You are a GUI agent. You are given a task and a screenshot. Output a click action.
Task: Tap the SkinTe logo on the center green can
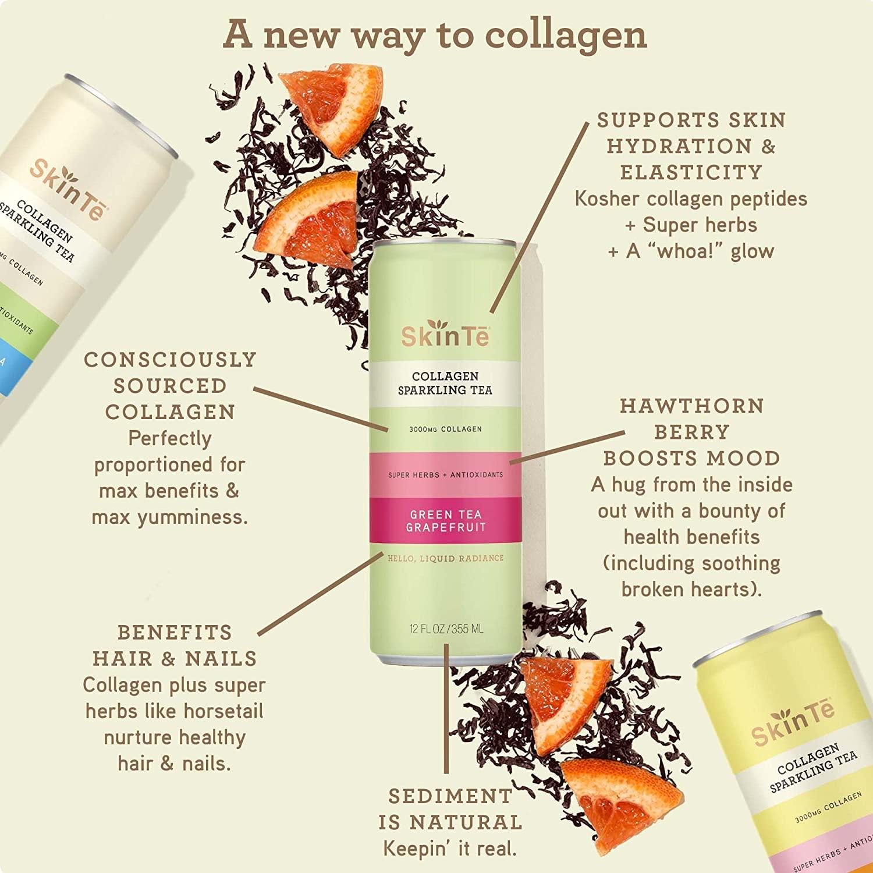click(445, 336)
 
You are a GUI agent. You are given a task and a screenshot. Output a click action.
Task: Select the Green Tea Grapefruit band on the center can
click(445, 521)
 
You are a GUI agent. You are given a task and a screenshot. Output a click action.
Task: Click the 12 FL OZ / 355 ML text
click(446, 629)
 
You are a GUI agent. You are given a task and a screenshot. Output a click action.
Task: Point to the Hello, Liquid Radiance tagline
click(445, 558)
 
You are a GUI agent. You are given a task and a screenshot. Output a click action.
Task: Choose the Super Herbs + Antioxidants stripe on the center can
click(445, 475)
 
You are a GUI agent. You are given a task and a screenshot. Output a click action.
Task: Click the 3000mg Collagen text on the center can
click(445, 430)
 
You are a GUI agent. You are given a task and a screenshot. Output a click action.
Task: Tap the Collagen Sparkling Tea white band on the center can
click(445, 384)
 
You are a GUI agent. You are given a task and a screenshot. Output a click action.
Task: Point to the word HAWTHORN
click(691, 406)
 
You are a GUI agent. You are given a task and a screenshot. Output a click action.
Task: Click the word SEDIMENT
click(450, 796)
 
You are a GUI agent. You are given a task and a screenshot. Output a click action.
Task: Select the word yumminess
click(193, 517)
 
